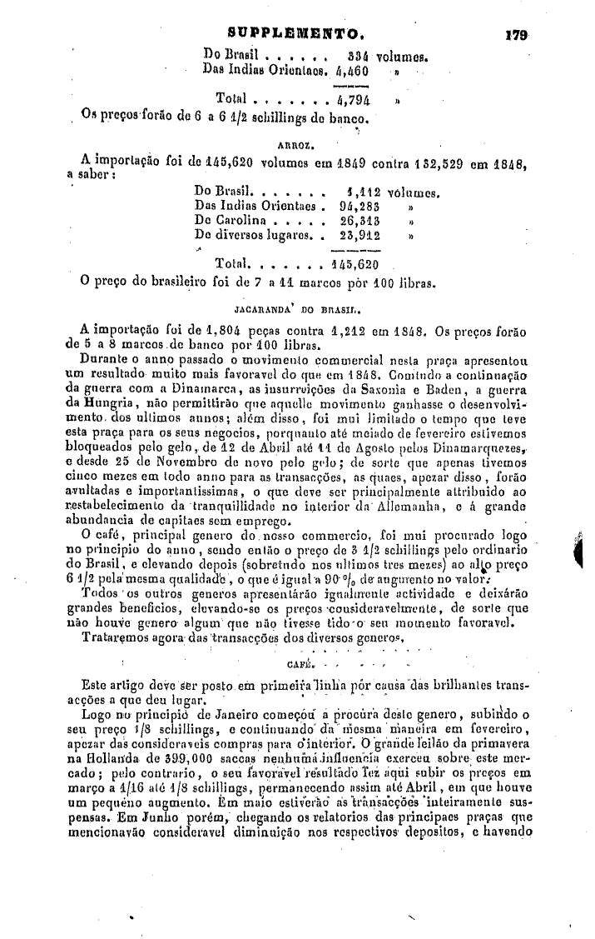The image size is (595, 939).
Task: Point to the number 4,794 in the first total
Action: (x=355, y=100)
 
